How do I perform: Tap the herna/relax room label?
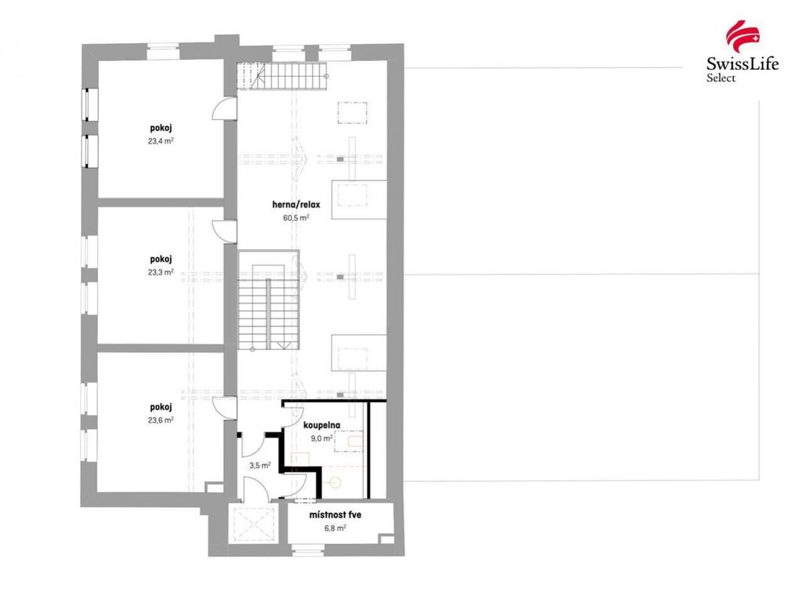click(296, 205)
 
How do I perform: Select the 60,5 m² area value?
click(296, 217)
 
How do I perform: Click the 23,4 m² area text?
click(161, 141)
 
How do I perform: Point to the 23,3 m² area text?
click(161, 272)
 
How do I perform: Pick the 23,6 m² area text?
click(161, 419)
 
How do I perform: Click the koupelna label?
click(322, 425)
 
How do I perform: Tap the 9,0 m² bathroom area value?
click(322, 438)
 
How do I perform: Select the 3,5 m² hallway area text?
click(260, 465)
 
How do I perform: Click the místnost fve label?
click(335, 515)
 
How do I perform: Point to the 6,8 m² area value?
click(335, 528)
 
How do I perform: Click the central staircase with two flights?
click(268, 300)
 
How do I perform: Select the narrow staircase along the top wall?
click(282, 76)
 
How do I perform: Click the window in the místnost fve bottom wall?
click(309, 550)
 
